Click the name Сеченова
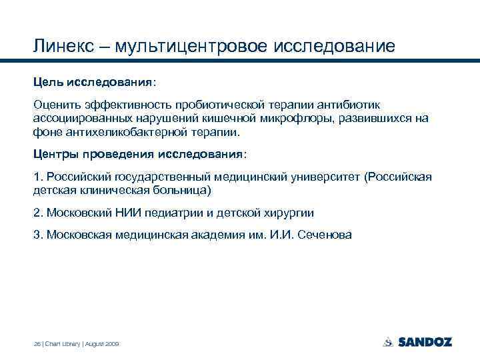click(319, 235)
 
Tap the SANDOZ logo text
click(424, 342)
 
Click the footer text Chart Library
click(63, 343)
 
